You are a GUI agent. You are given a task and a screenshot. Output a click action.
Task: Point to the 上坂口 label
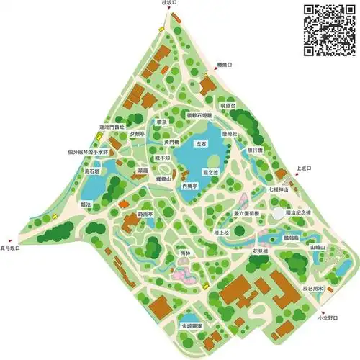[x=302, y=168]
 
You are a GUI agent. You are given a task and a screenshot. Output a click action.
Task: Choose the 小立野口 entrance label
[x=328, y=317]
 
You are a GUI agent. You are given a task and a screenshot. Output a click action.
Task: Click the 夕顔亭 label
[x=137, y=133]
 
